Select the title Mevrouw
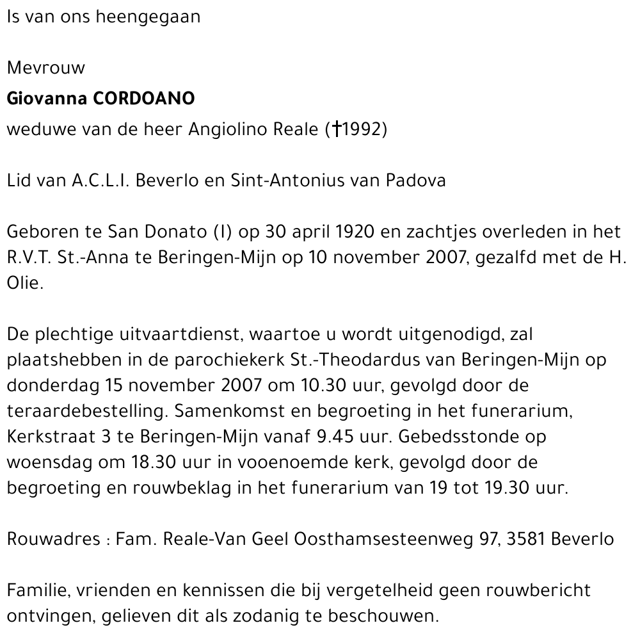[45, 68]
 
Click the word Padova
[415, 181]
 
